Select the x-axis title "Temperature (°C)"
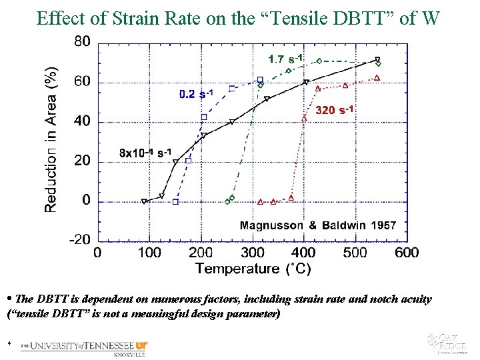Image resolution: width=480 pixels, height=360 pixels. pos(253,269)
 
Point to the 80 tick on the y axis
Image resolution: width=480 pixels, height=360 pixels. pos(82,41)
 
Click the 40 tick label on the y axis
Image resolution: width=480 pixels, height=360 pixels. pos(82,121)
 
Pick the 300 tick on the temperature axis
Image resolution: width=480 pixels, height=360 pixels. pos(252,253)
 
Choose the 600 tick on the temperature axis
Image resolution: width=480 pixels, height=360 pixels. pos(407,253)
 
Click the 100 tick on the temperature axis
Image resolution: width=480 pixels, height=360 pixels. pos(149,253)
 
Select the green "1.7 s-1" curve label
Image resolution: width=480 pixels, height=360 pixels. pos(286,59)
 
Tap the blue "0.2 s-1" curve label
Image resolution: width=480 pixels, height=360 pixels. pos(196,94)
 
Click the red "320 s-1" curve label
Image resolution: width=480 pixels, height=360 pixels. pos(334,109)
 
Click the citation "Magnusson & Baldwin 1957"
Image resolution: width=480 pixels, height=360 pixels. pos(317,225)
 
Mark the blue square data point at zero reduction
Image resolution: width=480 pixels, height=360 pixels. pos(175,201)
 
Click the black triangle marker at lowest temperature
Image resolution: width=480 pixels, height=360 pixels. pos(144,201)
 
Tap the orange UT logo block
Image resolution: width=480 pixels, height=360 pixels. pos(141,345)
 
